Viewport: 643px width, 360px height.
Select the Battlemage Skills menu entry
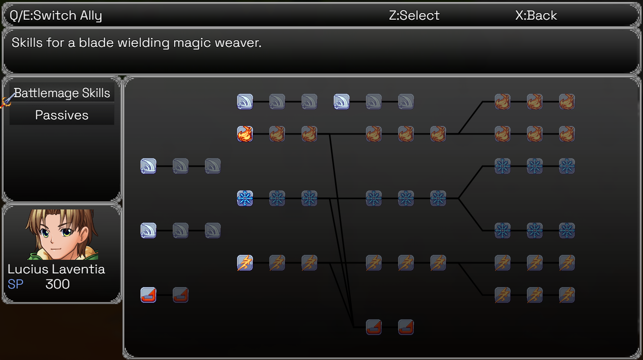tap(62, 93)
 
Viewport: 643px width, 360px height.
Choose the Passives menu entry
tap(62, 115)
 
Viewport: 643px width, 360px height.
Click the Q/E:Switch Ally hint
tap(56, 16)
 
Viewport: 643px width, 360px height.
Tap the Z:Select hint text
tap(414, 16)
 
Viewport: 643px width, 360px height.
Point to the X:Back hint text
tap(536, 16)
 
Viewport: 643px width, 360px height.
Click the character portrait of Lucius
tap(62, 234)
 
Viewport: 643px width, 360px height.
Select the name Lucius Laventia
tap(56, 269)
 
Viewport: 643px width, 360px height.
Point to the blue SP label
tap(16, 284)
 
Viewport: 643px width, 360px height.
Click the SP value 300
tap(57, 284)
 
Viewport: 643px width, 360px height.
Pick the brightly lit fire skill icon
tap(245, 134)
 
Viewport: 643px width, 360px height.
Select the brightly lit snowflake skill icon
tap(245, 198)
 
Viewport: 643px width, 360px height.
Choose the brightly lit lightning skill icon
tap(245, 263)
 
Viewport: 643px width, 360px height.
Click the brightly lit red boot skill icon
tap(148, 295)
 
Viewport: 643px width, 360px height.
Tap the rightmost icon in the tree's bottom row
tap(406, 327)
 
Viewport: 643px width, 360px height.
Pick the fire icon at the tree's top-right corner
tap(567, 102)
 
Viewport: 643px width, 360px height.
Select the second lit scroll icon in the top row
tap(342, 102)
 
